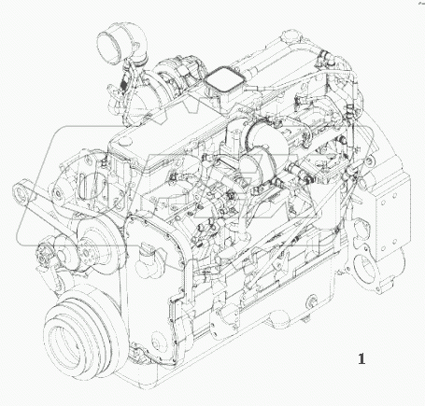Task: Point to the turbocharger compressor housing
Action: (x=177, y=69)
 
